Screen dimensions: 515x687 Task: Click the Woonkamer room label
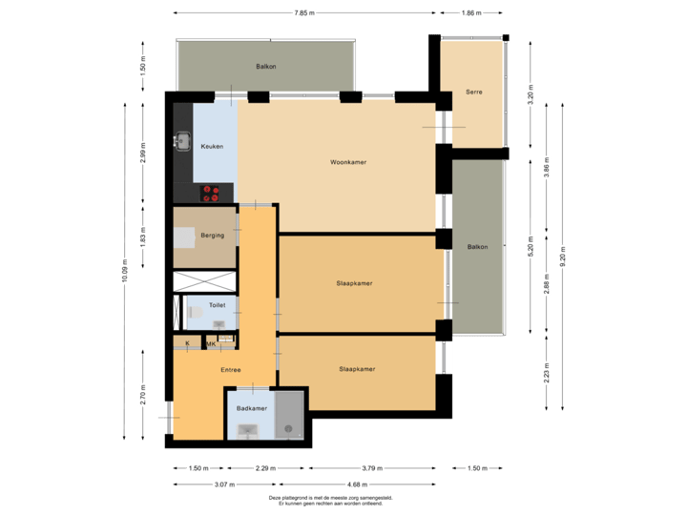[x=348, y=162]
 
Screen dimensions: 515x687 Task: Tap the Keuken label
[x=211, y=146]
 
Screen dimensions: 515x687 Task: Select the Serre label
[x=473, y=93]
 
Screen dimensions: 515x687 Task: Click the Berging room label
[x=213, y=235]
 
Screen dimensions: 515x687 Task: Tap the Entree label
[x=230, y=370]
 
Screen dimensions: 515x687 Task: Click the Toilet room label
[x=217, y=305]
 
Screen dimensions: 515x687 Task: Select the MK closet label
[x=211, y=343]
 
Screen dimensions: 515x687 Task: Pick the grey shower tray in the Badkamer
[x=288, y=415]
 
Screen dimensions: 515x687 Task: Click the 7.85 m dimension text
[x=304, y=13]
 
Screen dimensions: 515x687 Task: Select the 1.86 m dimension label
[x=469, y=13]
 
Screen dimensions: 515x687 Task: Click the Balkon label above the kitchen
[x=265, y=67]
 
